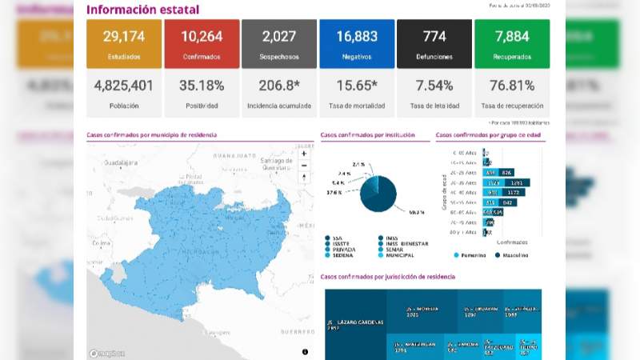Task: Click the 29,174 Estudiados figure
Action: [x=123, y=37]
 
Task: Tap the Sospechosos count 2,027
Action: [x=279, y=37]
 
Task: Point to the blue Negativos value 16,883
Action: [x=357, y=37]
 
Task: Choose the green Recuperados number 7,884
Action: [x=512, y=37]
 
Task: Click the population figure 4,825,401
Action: [x=123, y=86]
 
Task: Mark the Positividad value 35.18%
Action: [x=202, y=86]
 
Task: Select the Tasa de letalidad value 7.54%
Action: [x=434, y=86]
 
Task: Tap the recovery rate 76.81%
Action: [x=512, y=86]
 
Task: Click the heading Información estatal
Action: [x=142, y=10]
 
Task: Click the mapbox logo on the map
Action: [x=106, y=353]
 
